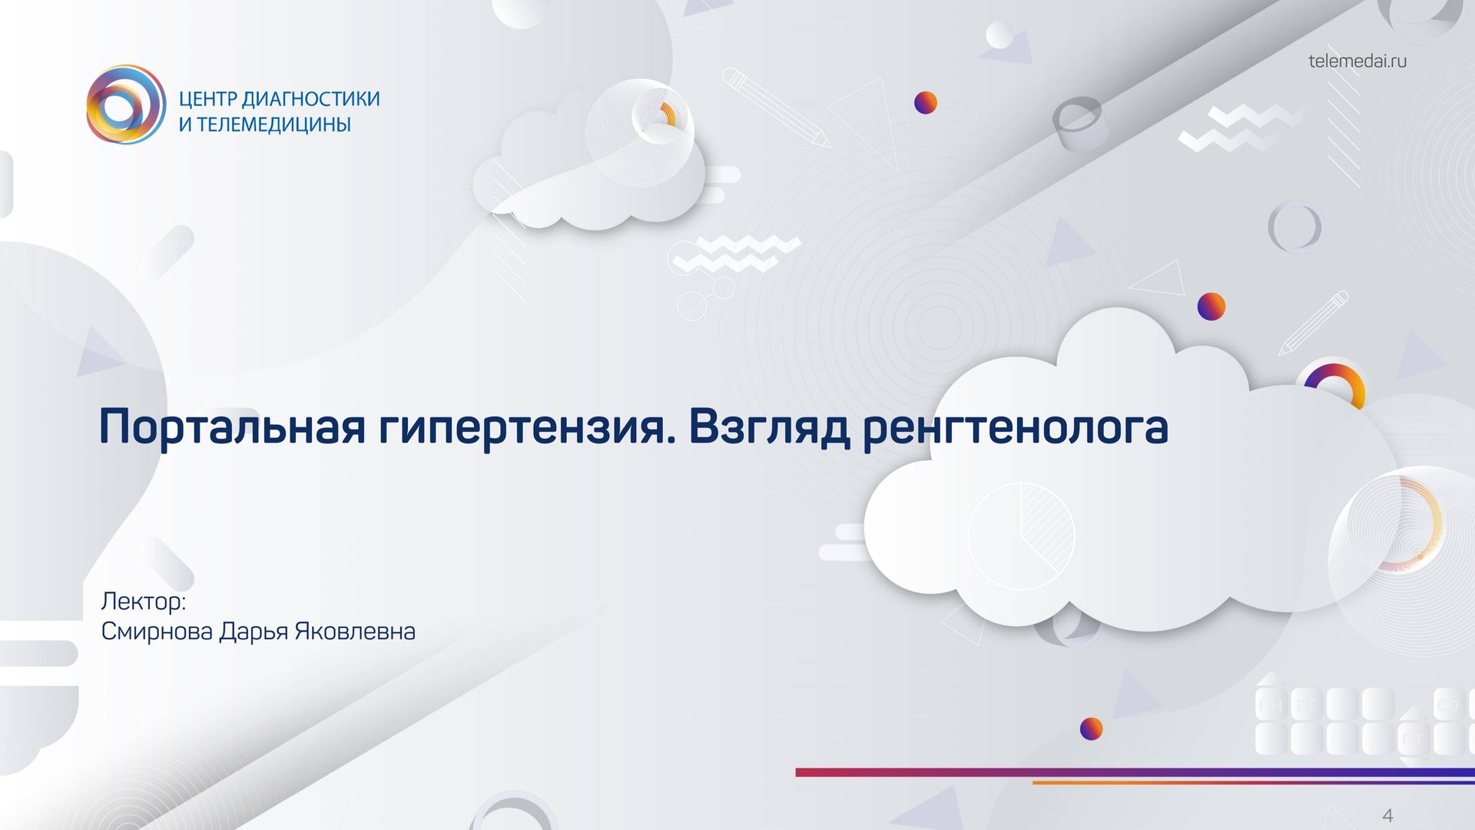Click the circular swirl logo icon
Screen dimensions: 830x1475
point(126,105)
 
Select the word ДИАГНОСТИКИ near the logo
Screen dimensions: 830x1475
point(310,99)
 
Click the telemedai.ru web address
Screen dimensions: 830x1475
point(1357,61)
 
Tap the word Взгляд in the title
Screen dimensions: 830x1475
point(769,427)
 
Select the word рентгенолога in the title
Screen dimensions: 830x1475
point(1015,427)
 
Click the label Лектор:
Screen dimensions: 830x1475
point(144,601)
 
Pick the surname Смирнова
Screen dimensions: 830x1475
point(157,632)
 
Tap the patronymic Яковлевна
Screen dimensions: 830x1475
point(355,632)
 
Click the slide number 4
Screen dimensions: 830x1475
point(1387,815)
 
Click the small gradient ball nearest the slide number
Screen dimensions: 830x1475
point(1092,729)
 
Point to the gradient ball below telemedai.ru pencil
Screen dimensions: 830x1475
point(1211,307)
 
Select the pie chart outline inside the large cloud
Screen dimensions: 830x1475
point(1021,536)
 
